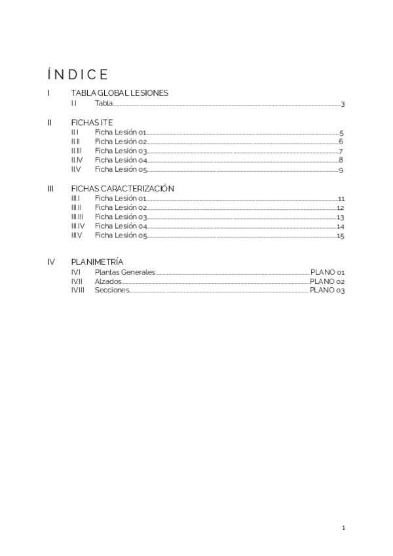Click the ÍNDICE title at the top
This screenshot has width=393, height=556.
78,73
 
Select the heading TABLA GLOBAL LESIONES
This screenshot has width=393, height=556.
119,93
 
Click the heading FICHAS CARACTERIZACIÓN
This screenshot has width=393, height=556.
122,188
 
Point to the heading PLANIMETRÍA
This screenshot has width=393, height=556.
97,262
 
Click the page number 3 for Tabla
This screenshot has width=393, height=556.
343,104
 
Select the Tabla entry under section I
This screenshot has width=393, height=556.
103,104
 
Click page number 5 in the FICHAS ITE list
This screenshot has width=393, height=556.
342,133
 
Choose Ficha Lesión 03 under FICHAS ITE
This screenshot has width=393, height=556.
121,151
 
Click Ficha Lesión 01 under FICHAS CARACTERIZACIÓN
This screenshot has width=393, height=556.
121,198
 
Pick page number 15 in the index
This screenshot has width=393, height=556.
341,236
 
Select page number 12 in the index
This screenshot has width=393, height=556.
341,208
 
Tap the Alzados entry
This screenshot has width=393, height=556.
107,281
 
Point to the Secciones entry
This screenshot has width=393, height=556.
111,290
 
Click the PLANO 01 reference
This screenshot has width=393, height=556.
327,272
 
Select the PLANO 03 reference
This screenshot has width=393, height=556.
327,290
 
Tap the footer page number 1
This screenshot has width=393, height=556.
343,527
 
